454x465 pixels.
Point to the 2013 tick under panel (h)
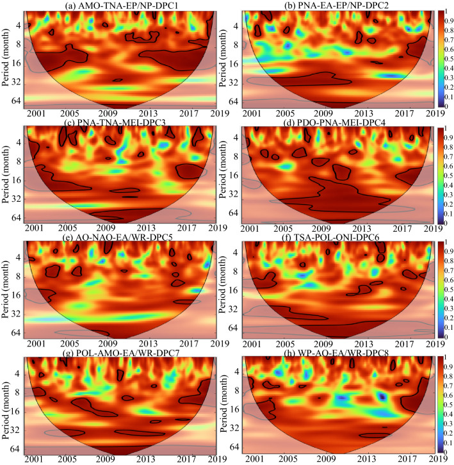[366, 460]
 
